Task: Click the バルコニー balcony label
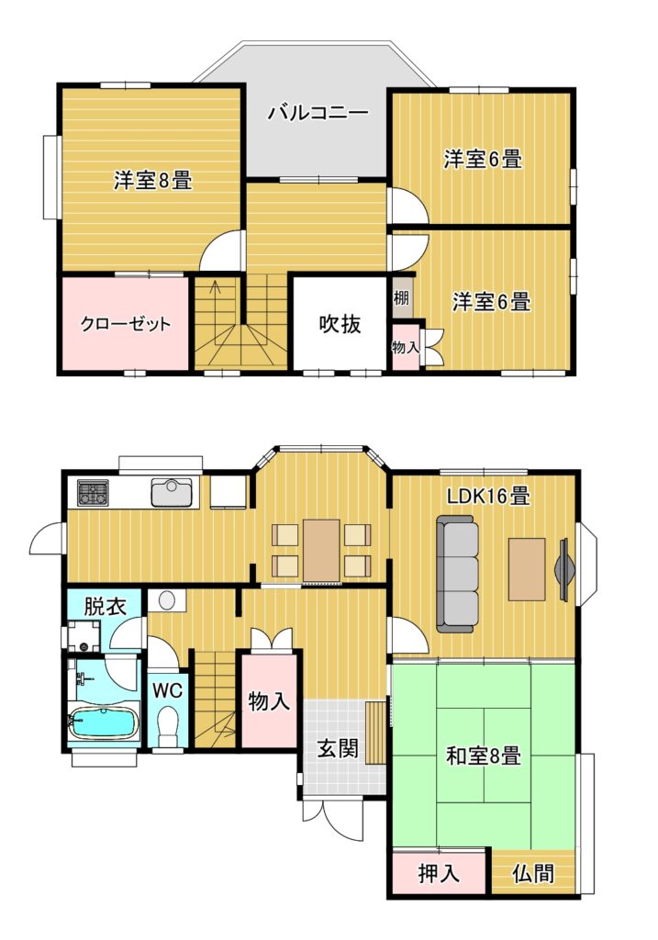tap(318, 113)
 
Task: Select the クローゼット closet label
tap(125, 324)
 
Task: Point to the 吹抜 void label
tap(340, 324)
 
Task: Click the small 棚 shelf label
tap(401, 297)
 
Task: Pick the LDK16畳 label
tap(488, 496)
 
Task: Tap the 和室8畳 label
tap(483, 755)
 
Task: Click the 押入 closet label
tap(439, 874)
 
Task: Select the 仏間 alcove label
tap(533, 874)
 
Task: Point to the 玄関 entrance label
tap(338, 748)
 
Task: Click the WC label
tap(167, 690)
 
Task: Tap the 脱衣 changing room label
tap(105, 606)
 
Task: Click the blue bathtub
tap(104, 723)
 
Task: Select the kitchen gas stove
tap(93, 494)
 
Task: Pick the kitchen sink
tap(172, 493)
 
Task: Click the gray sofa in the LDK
tap(458, 575)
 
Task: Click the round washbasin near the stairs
tap(166, 600)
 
